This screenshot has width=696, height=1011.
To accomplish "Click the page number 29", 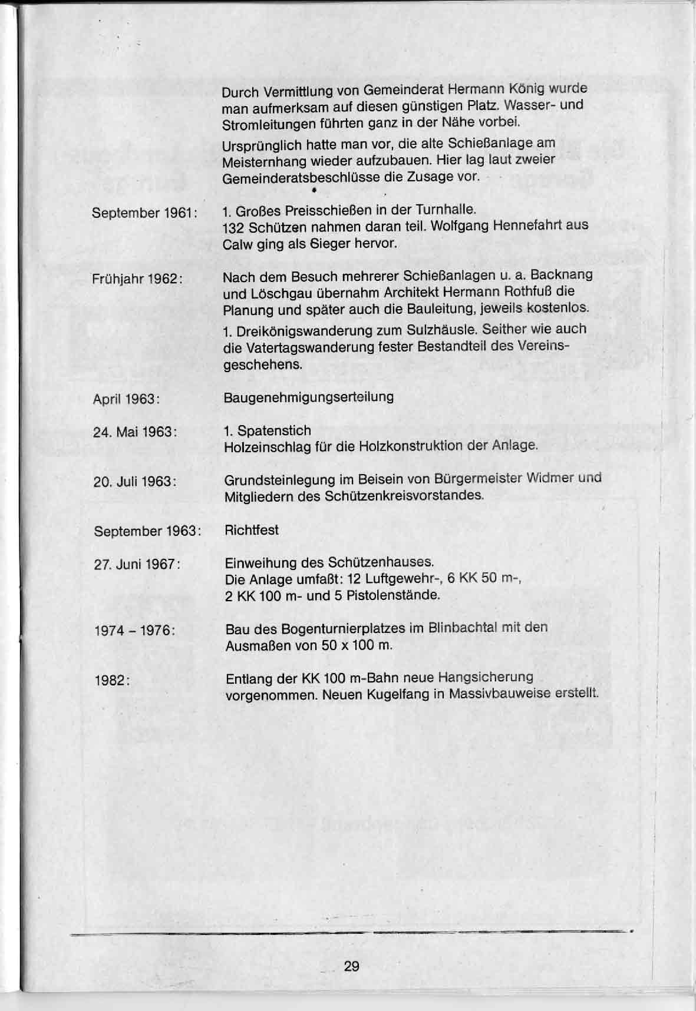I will click(351, 966).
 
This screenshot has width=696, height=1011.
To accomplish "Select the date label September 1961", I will click(144, 213).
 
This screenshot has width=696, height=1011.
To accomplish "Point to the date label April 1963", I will click(127, 399).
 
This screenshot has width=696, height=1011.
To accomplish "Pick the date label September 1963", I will click(147, 531).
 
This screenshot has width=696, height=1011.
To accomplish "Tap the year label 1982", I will click(112, 680).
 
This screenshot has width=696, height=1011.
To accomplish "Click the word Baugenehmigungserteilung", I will click(309, 397).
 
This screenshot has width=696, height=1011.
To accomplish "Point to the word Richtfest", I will click(252, 530).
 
